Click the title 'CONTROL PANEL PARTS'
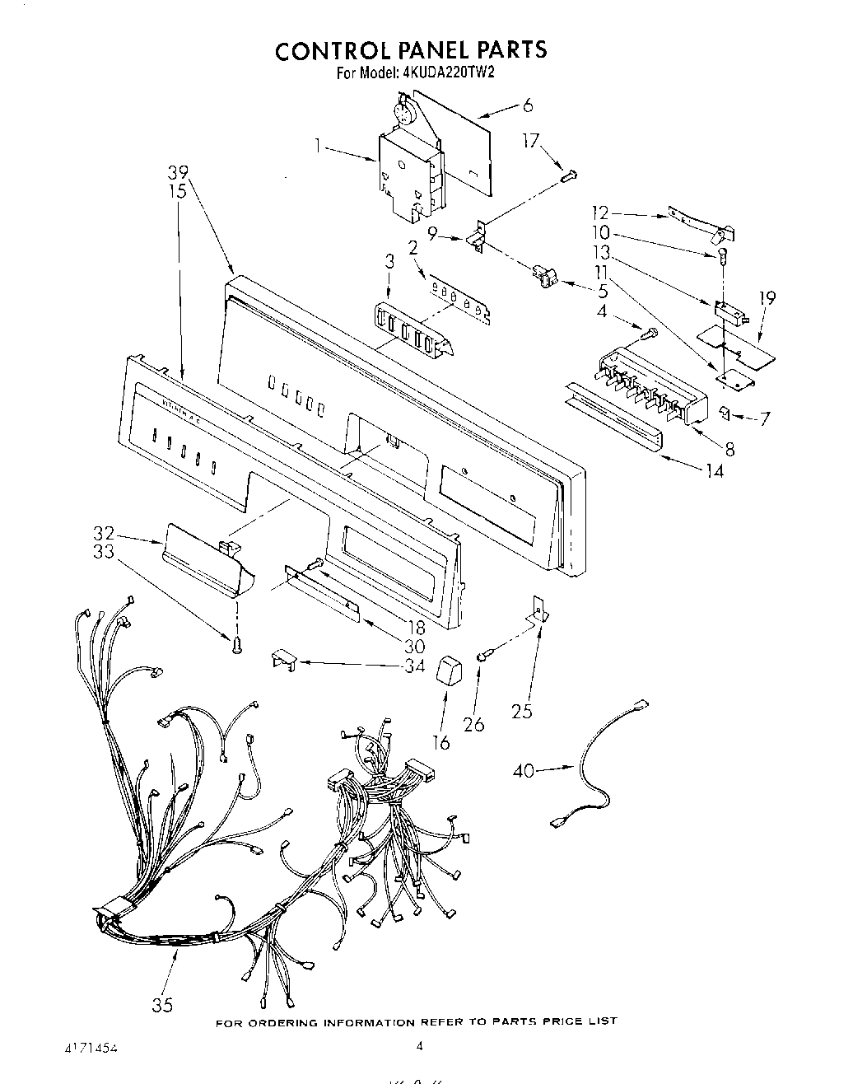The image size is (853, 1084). coord(410,50)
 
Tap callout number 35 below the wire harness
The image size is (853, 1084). coord(163,1004)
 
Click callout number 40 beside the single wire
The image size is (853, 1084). coord(524,771)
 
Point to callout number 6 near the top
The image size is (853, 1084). coord(528,105)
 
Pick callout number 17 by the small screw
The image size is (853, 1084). coord(531,142)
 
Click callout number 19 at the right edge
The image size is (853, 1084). coord(767,298)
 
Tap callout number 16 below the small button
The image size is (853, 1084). coord(441,742)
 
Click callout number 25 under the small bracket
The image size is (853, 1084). coord(522,710)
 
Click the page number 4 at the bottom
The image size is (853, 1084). coord(419,1047)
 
